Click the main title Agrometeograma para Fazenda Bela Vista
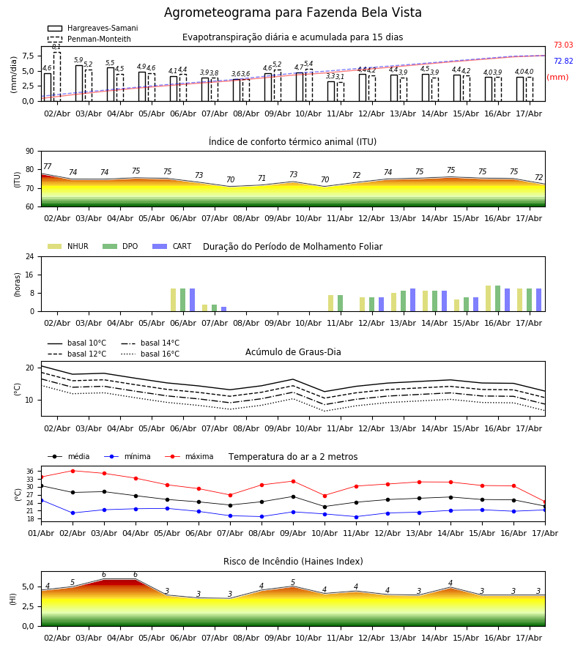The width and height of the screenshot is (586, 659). click(x=292, y=12)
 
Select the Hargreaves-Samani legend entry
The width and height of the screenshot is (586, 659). click(x=93, y=28)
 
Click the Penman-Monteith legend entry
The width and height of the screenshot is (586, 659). click(x=89, y=39)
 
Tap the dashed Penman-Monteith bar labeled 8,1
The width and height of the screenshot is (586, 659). click(x=56, y=77)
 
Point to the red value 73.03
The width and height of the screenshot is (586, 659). click(x=563, y=45)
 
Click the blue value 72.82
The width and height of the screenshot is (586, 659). click(x=563, y=61)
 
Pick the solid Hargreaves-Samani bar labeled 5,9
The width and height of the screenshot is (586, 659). click(x=79, y=83)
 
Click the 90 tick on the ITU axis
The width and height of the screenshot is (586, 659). click(x=29, y=152)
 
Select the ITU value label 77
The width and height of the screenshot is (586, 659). click(x=48, y=166)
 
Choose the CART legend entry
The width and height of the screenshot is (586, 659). click(x=171, y=246)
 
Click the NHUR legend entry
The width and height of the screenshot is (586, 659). click(x=68, y=246)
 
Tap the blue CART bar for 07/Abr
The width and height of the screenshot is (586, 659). click(x=224, y=309)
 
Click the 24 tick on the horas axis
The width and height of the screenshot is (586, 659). click(x=29, y=256)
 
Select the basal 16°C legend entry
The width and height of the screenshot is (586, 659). click(x=150, y=354)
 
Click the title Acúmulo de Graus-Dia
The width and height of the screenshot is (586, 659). click(x=293, y=352)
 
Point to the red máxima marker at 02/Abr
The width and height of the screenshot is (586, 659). click(x=73, y=471)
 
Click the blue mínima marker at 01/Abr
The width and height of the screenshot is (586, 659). click(x=42, y=501)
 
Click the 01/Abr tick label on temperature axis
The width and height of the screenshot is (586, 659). click(x=41, y=533)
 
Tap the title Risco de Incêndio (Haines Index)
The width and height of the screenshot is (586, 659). click(x=293, y=562)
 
